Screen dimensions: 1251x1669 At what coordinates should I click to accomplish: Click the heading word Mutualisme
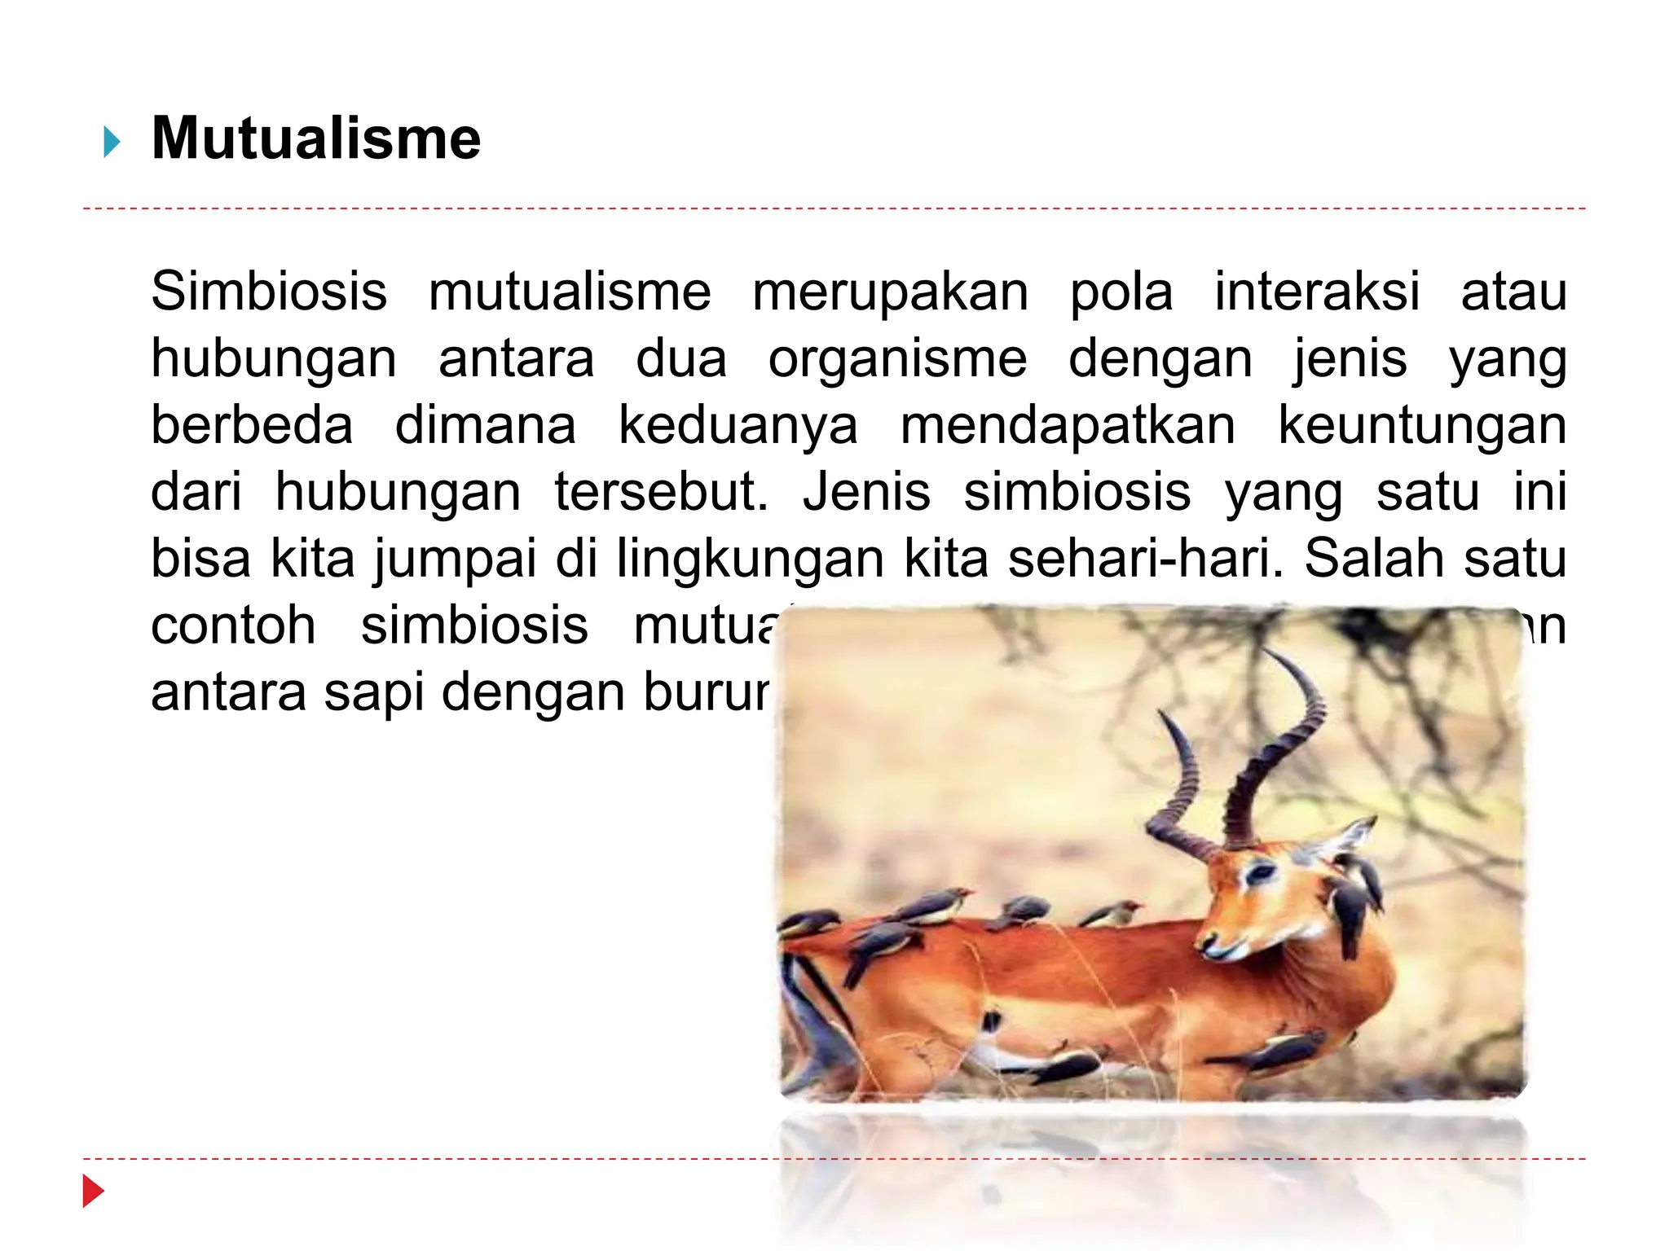[316, 138]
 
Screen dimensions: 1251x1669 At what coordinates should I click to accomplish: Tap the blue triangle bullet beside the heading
[112, 143]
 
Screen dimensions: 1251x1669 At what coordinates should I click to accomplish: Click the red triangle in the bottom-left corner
[94, 1191]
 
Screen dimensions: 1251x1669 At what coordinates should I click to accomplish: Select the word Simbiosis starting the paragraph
[269, 292]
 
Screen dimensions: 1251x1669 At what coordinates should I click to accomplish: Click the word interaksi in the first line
[1317, 292]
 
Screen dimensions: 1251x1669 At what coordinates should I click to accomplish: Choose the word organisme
[897, 360]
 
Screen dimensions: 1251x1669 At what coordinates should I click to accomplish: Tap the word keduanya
[738, 427]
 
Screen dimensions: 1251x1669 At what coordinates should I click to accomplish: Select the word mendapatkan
[1068, 425]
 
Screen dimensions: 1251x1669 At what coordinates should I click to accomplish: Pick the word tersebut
[661, 492]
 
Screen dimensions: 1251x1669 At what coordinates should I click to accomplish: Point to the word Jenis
[866, 492]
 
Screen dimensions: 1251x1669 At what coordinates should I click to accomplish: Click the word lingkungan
[750, 560]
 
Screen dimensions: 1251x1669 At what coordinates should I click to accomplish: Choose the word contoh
[233, 625]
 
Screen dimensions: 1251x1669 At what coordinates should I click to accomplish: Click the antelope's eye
[1260, 874]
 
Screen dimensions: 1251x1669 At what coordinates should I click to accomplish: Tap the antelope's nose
[1209, 945]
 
